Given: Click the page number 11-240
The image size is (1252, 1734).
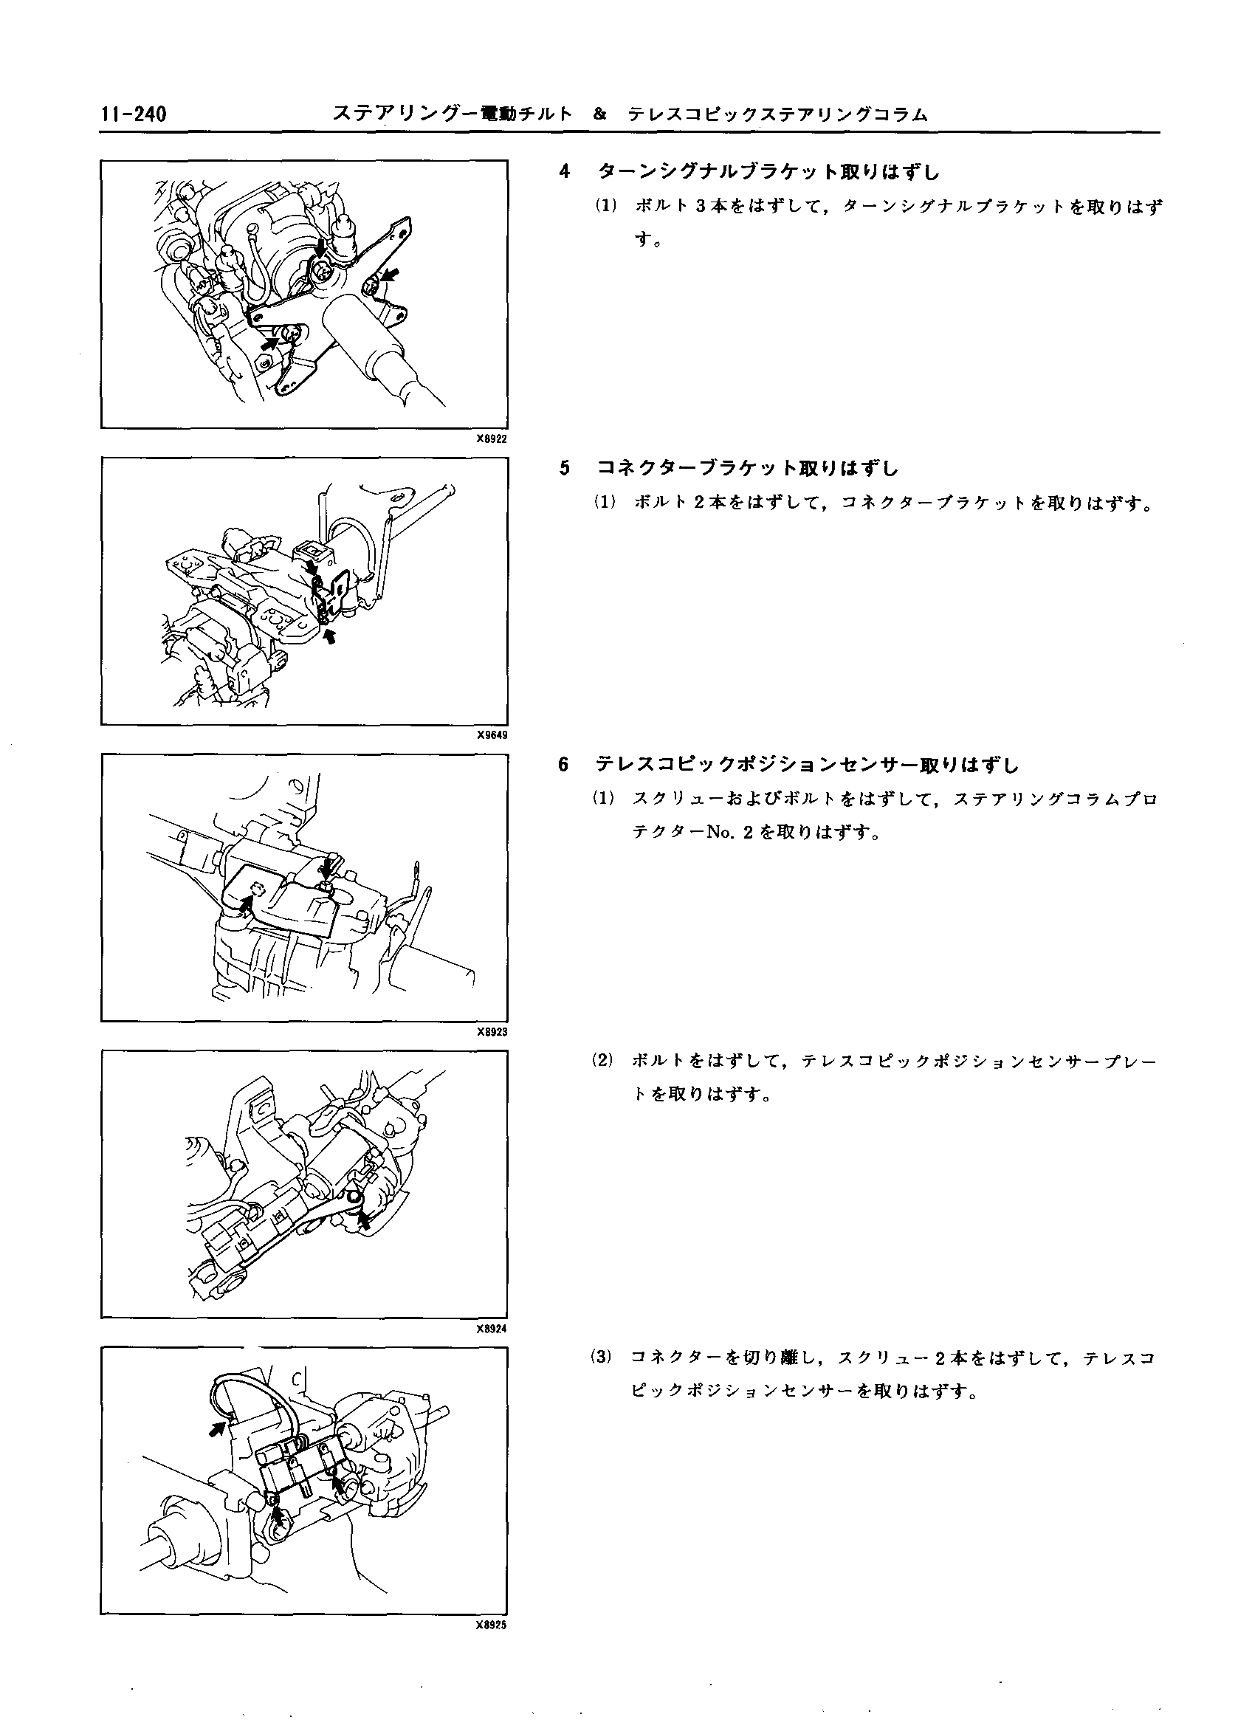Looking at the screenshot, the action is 133,114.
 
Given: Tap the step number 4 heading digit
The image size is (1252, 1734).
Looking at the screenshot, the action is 564,171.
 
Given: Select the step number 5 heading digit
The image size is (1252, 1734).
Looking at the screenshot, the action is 564,468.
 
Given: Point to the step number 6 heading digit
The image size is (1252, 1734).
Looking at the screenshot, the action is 564,764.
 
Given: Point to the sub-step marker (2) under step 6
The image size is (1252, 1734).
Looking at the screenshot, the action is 602,1060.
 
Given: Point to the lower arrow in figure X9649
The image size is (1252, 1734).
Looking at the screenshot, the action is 331,636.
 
